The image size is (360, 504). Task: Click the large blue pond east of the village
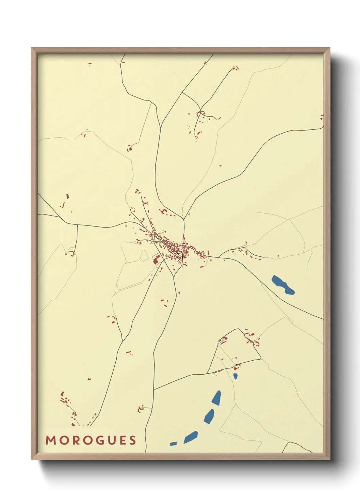click(283, 285)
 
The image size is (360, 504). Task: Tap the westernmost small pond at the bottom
click(173, 443)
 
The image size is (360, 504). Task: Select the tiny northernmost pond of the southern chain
click(235, 376)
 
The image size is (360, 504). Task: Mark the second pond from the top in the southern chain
click(216, 398)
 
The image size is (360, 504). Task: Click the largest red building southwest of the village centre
click(157, 260)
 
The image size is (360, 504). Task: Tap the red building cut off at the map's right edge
click(322, 117)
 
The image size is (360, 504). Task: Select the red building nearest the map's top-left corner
click(90, 64)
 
